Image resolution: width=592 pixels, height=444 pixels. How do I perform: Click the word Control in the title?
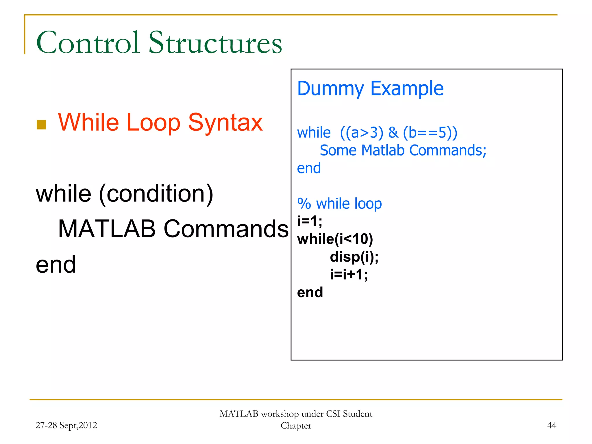tap(88, 43)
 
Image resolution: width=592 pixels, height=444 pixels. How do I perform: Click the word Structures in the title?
tap(215, 43)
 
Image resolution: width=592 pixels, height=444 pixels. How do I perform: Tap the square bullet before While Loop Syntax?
tap(42, 125)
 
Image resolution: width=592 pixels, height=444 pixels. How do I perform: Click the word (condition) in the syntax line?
tap(156, 194)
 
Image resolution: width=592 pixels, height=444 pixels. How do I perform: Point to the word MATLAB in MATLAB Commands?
tap(107, 229)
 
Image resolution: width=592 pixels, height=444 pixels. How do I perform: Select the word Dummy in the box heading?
tap(330, 88)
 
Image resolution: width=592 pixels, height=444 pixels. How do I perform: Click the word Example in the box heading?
tap(407, 88)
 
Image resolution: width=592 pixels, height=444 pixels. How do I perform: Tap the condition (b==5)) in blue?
tap(430, 133)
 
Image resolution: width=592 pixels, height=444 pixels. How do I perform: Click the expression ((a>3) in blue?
tap(362, 133)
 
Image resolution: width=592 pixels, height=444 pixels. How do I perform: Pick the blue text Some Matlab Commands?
tap(403, 150)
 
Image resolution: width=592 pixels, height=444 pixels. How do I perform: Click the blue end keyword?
tap(309, 168)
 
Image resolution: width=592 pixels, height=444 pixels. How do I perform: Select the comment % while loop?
tap(339, 203)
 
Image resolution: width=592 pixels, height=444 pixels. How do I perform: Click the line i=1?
tap(310, 221)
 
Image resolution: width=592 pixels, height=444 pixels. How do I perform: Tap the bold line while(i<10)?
tap(335, 239)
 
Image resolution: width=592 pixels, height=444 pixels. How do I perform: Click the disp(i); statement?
tap(354, 257)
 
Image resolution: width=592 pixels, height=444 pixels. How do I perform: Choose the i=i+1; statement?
tap(349, 274)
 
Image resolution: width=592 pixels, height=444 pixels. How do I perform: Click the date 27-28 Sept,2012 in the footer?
tap(66, 425)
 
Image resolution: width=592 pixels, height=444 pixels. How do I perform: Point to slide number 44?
tap(552, 425)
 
